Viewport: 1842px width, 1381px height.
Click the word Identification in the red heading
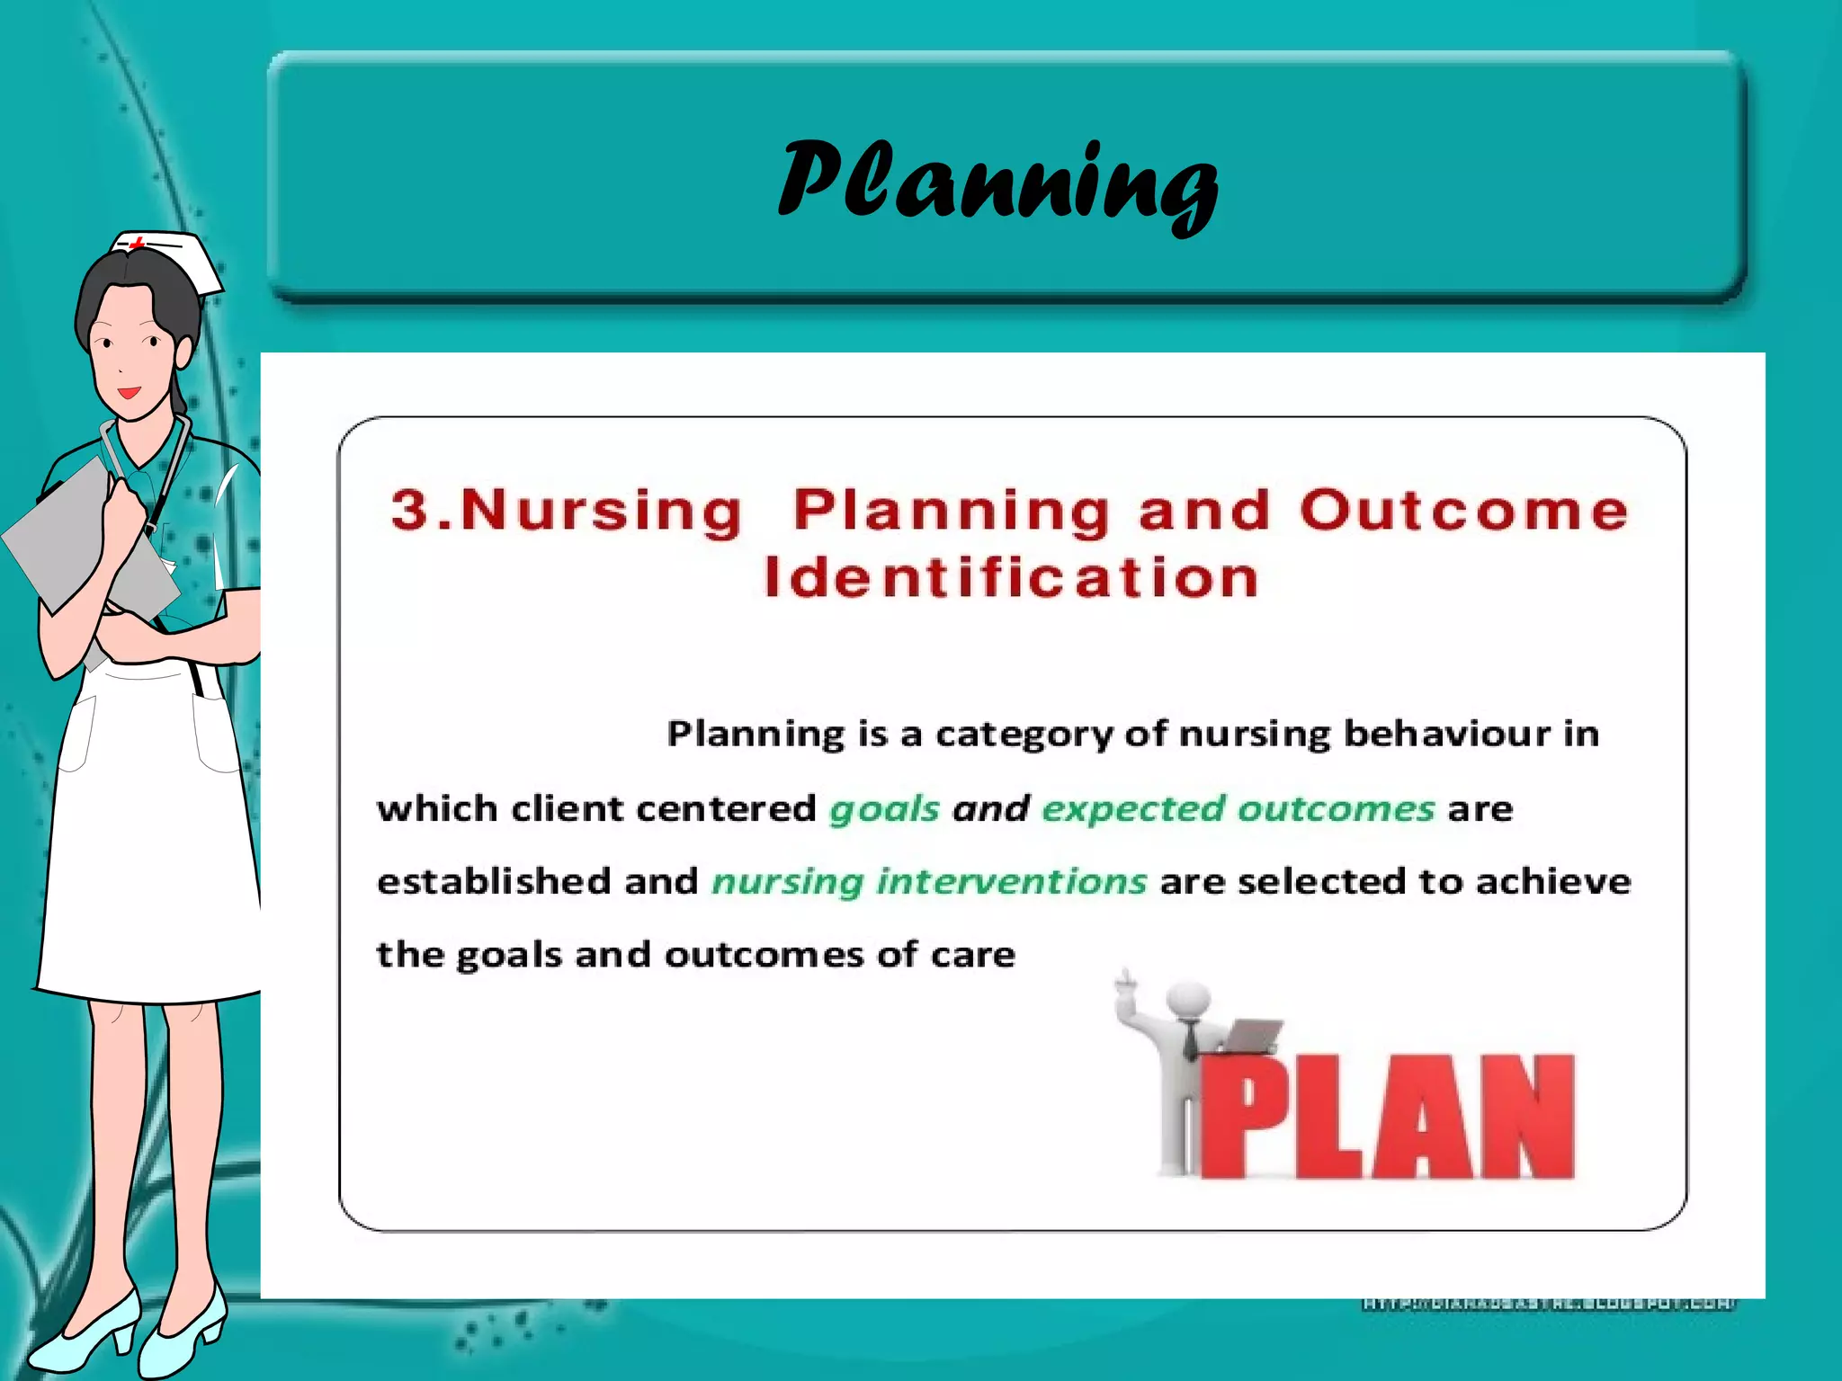[x=1011, y=578]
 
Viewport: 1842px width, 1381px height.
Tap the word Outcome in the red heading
[x=1464, y=511]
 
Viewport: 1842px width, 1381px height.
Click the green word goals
[x=884, y=809]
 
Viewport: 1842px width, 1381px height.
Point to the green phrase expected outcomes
[x=1238, y=809]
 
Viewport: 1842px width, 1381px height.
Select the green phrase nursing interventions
[x=929, y=882]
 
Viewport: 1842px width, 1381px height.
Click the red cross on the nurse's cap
[x=138, y=243]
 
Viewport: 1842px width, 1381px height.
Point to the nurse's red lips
[x=130, y=393]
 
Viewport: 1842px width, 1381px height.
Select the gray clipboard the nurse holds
[x=72, y=539]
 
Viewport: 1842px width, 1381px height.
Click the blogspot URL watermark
[x=1549, y=1303]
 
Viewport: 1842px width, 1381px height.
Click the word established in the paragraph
[x=493, y=881]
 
